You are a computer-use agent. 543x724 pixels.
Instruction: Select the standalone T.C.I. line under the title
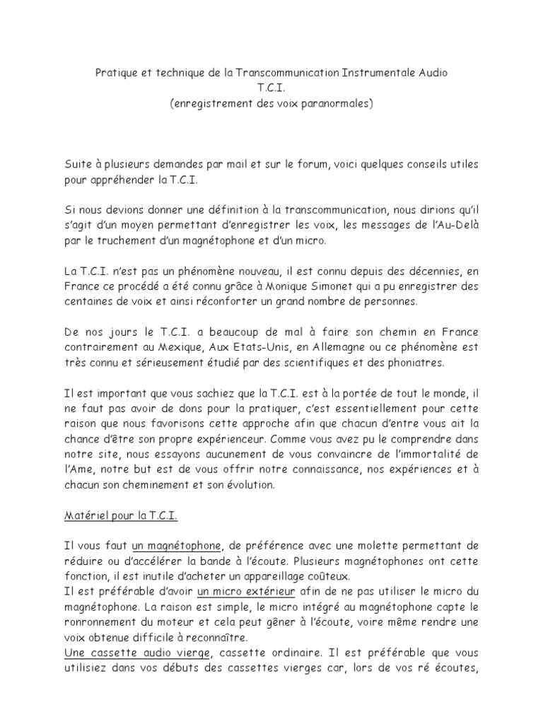(271, 88)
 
